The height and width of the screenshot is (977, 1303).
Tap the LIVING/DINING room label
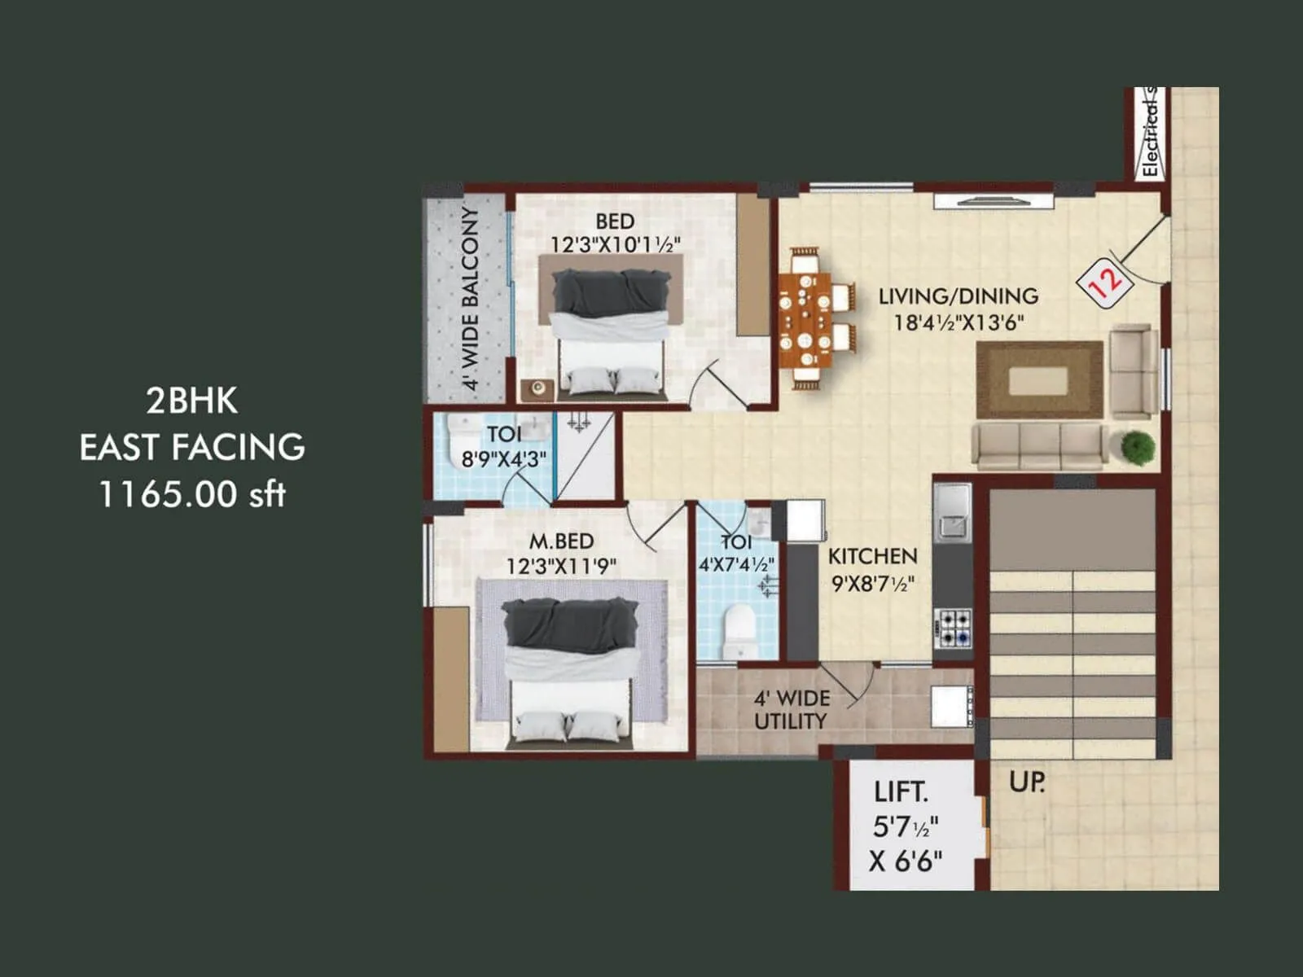(958, 296)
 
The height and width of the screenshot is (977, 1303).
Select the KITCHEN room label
(872, 556)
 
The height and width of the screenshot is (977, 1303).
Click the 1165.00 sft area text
(192, 493)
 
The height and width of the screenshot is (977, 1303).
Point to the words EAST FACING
(192, 447)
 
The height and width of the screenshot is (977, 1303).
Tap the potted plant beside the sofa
(1137, 448)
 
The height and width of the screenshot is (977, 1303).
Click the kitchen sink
(952, 514)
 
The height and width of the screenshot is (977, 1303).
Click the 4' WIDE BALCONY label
(470, 298)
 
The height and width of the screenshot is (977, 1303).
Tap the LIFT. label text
(901, 791)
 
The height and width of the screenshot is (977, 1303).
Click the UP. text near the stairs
(1026, 782)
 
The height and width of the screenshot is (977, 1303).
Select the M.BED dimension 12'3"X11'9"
(561, 566)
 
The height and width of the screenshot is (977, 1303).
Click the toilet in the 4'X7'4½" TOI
(739, 632)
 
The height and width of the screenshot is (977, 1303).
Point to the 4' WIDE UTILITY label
(791, 709)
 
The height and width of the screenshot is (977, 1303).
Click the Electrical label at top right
(1150, 134)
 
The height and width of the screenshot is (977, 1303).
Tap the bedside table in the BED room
(537, 388)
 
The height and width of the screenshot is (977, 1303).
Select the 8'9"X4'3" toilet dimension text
(504, 459)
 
